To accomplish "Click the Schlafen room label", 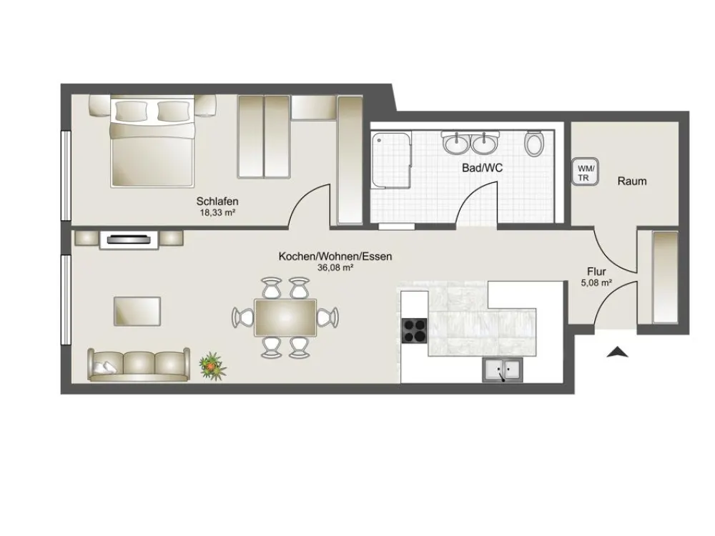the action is coord(217,201).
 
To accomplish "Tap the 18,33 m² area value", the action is coord(217,212).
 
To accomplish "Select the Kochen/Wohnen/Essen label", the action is coord(335,257).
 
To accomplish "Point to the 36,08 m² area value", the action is coord(335,268).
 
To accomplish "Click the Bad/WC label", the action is coord(482,168).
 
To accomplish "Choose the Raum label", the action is coord(632,182).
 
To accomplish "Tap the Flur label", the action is coord(596,272).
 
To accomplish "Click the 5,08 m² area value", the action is coord(596,283).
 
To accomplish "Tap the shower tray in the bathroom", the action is coord(391,159).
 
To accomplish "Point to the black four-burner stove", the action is coord(414,330).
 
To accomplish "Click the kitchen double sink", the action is coord(503,369).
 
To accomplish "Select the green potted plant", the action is coord(212,366).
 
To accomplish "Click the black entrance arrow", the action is coord(618,352).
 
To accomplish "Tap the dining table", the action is coord(285,318).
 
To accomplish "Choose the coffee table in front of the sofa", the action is coord(137,312).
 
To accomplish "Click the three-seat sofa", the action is coord(139,364).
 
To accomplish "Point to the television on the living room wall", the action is coord(129,239).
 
